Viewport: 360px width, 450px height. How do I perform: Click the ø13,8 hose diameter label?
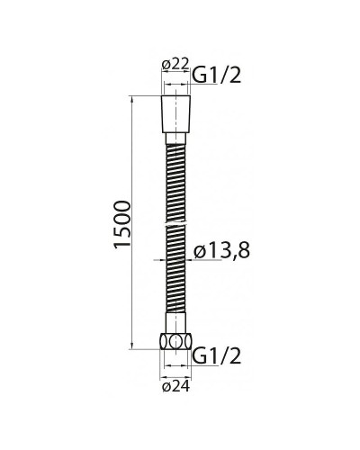221,253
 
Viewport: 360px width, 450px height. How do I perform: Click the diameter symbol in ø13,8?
201,254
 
